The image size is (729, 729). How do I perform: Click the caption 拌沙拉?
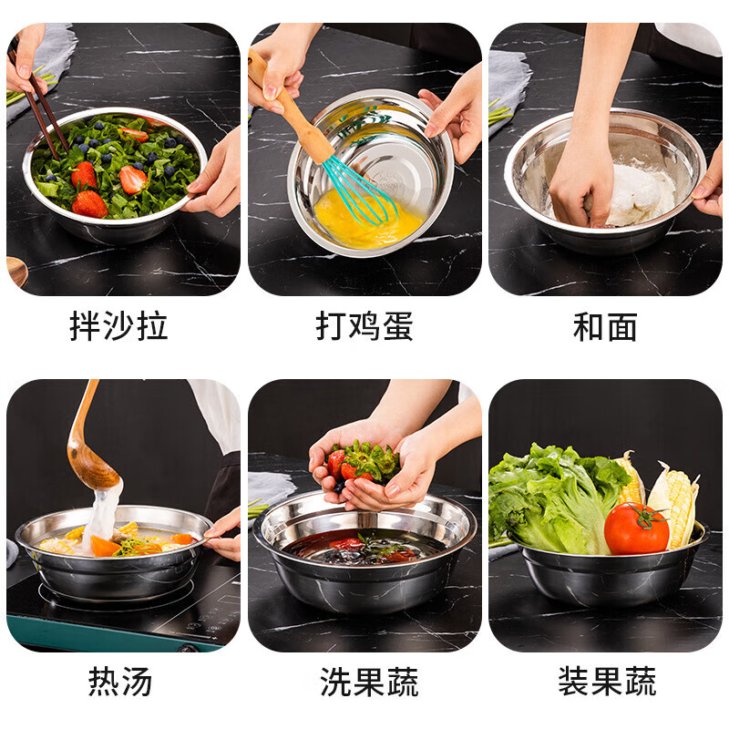pyautogui.click(x=118, y=326)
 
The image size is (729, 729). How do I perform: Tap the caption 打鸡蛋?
pyautogui.click(x=364, y=326)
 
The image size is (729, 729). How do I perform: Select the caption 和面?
pyautogui.click(x=605, y=327)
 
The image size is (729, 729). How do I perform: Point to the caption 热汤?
pyautogui.click(x=120, y=681)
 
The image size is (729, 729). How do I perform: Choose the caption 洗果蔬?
pyautogui.click(x=369, y=682)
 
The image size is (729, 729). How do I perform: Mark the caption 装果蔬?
pyautogui.click(x=607, y=681)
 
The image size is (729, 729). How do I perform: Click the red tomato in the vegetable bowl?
pyautogui.click(x=636, y=529)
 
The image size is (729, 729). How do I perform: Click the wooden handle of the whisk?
pyautogui.click(x=291, y=110)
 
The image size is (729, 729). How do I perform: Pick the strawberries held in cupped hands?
pyautogui.click(x=363, y=462)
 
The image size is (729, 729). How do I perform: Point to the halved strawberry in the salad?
pyautogui.click(x=133, y=180)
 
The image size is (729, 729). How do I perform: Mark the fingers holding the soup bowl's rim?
pyautogui.click(x=224, y=536)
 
